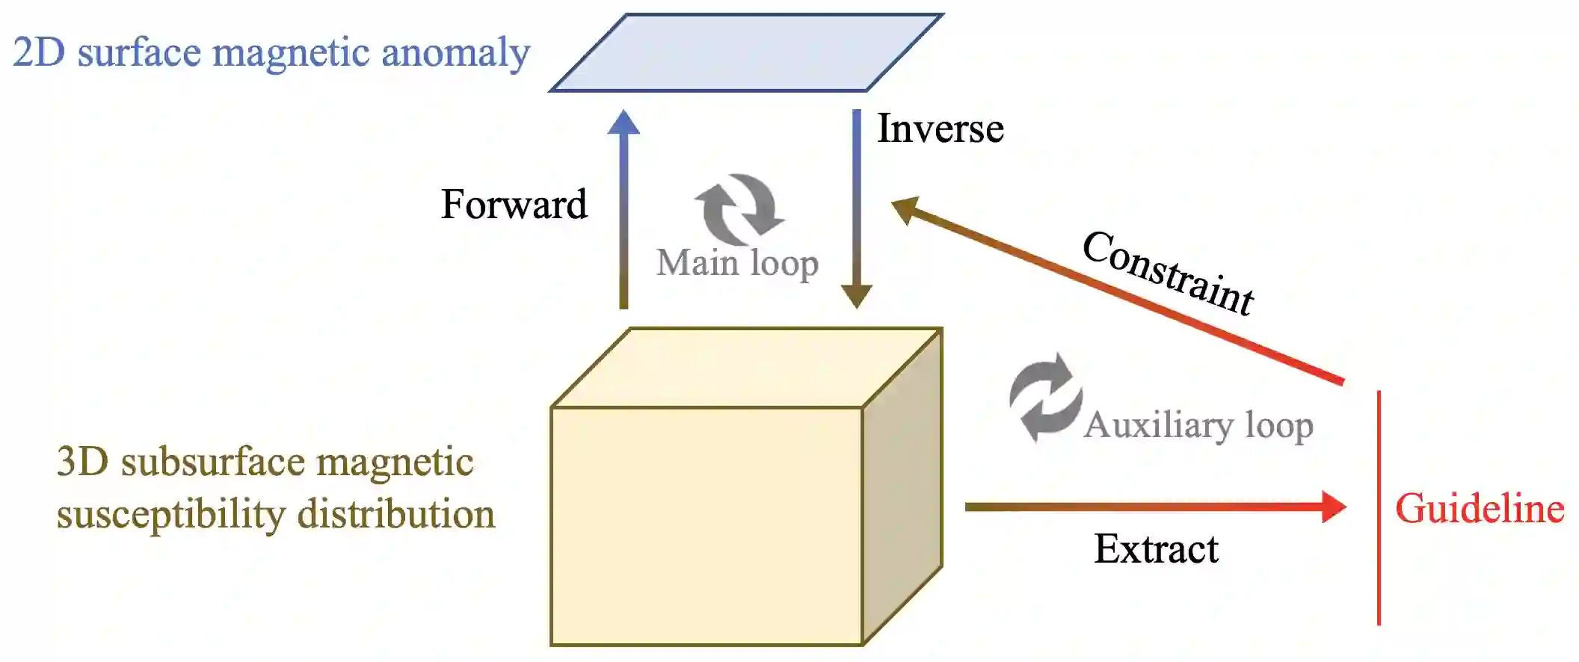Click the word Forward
514,204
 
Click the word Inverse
940,129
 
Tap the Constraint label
1168,273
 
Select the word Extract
1155,549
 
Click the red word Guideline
1480,509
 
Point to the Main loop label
737,263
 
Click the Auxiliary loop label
1198,425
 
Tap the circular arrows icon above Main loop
739,209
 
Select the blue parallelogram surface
746,52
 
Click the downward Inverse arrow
857,209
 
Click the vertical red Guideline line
1379,508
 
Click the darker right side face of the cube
902,486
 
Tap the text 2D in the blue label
39,52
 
